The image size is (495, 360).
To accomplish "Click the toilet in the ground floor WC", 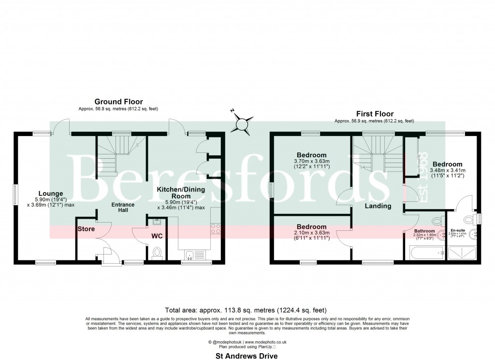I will coord(156,253).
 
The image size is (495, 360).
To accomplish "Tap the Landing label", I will coord(378,206).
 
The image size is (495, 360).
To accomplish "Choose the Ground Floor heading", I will coord(118,102).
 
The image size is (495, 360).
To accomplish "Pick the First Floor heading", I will coord(375,114).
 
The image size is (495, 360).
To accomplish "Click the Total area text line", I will coord(247,310).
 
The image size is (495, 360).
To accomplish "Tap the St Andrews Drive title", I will coord(247,355).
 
